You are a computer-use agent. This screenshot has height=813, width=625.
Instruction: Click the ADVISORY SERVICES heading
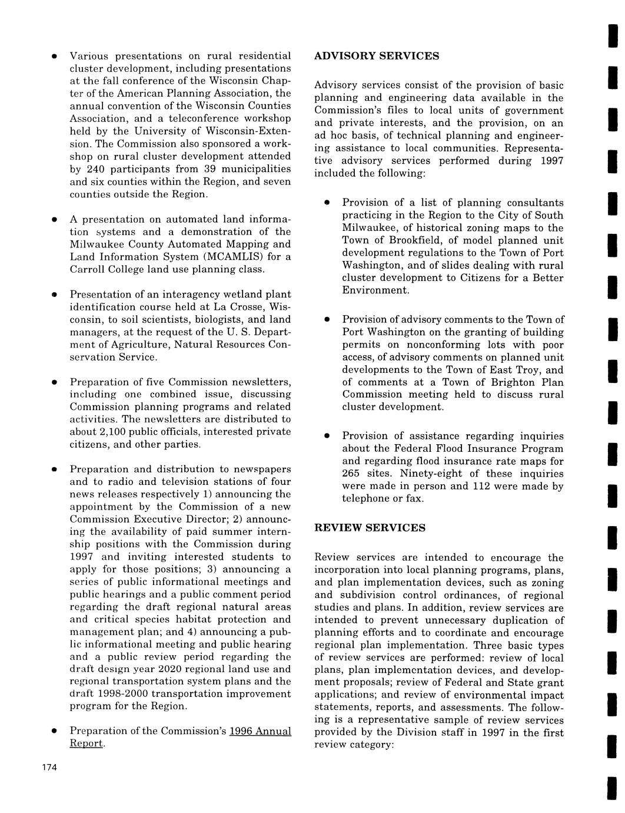tap(377, 56)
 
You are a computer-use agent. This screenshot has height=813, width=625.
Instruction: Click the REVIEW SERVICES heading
tap(370, 528)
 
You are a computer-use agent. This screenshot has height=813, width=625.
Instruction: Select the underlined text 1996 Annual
tap(260, 731)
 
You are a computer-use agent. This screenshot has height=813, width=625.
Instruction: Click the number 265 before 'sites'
tap(352, 474)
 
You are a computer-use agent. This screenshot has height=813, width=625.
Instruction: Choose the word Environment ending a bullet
tap(375, 290)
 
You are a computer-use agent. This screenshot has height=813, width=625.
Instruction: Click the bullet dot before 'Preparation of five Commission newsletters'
tap(53, 382)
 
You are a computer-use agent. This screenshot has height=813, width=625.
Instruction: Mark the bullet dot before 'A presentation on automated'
tap(53, 220)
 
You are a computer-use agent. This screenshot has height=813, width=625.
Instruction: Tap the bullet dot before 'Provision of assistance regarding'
tap(325, 437)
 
